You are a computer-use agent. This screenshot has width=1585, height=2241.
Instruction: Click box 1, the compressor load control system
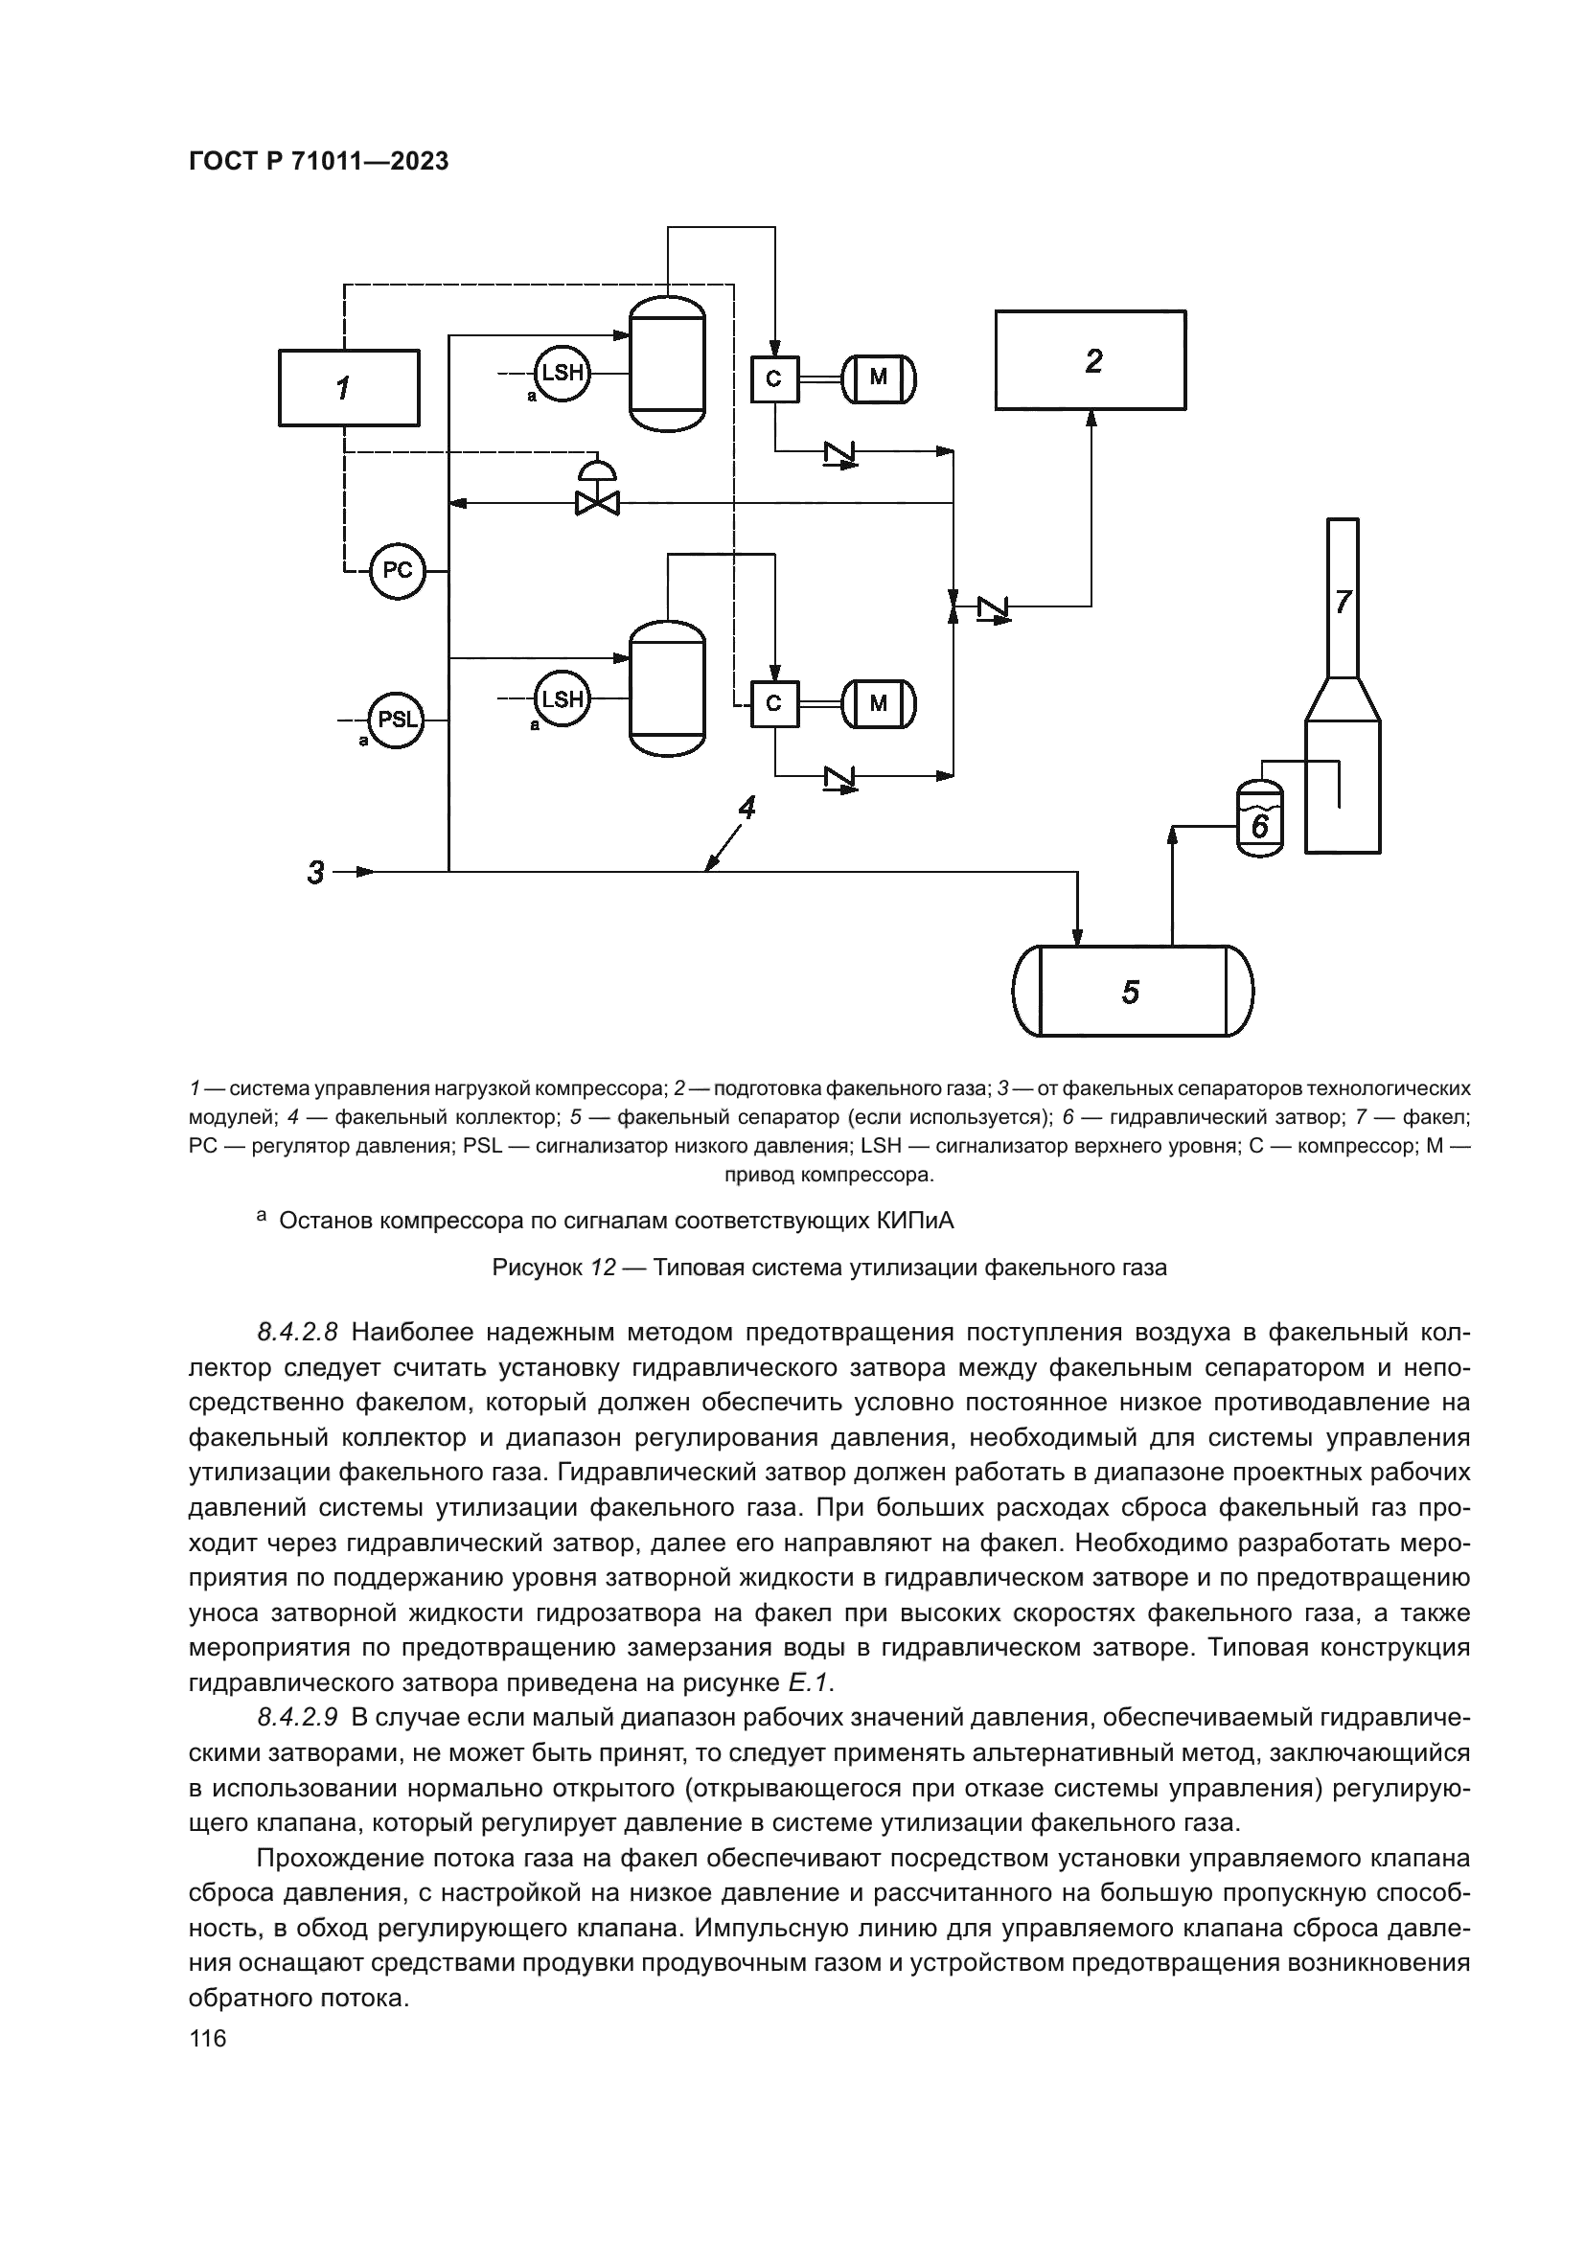[349, 388]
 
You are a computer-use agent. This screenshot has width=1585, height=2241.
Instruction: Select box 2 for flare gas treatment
[1091, 359]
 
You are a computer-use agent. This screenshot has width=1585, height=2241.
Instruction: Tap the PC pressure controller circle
[398, 570]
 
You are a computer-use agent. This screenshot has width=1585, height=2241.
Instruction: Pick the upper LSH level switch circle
[563, 372]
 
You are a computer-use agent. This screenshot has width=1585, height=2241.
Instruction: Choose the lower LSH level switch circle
[563, 698]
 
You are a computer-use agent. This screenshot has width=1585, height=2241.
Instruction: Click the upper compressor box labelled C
[774, 378]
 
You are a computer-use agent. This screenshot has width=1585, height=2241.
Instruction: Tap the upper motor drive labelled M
[880, 377]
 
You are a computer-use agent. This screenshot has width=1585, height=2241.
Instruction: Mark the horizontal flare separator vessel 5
[1132, 992]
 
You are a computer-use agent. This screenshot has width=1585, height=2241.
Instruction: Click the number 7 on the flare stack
[1343, 603]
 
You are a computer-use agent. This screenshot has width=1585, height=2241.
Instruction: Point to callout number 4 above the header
[747, 807]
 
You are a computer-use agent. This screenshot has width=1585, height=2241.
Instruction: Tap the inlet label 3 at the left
[315, 872]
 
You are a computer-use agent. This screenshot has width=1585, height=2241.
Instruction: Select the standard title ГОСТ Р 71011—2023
[318, 161]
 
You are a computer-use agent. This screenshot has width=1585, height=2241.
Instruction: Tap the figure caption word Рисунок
[537, 1268]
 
